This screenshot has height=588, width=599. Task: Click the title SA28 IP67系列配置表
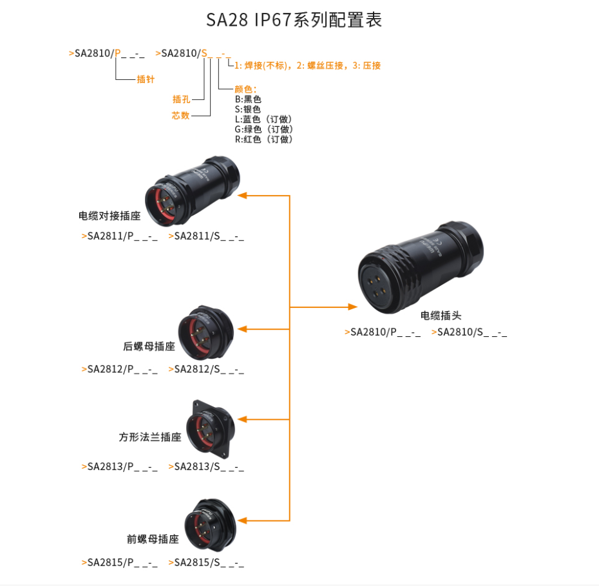coord(294,20)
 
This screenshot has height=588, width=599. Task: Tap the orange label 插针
coord(146,80)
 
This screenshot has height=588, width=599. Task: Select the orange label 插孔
coord(182,100)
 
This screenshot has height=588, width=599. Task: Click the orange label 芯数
coord(181,116)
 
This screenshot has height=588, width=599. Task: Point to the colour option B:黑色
coord(248,100)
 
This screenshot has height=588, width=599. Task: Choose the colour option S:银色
coord(248,109)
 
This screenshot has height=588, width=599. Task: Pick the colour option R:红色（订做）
coord(264,139)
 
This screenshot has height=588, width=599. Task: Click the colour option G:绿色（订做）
coord(264,129)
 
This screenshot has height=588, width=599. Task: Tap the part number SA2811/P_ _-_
coord(120,236)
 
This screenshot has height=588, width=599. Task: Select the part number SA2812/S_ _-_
coord(207,370)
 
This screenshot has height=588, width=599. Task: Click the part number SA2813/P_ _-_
coord(120,467)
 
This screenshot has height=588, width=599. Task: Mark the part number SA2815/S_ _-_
coord(207,563)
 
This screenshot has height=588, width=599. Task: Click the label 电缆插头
coord(441,316)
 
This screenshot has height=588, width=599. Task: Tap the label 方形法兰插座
coord(149,437)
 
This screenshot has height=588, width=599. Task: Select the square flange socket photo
coord(211,425)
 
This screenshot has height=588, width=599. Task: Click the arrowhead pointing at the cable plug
coord(352,307)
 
